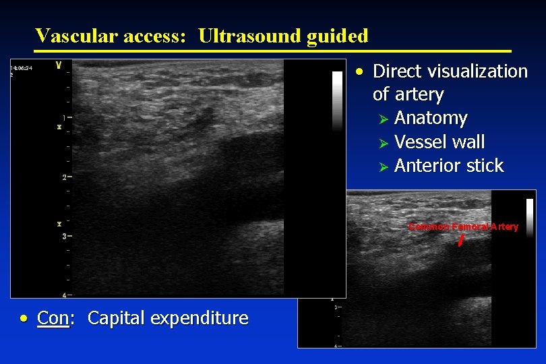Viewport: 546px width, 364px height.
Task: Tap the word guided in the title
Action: [x=337, y=36]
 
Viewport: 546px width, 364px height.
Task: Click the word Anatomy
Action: [x=431, y=118]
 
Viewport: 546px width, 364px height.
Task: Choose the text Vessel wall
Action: [x=439, y=142]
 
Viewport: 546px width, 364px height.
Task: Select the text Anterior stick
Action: [x=449, y=166]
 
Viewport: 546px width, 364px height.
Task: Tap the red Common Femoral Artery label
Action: [x=463, y=226]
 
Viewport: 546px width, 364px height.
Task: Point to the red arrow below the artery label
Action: [x=461, y=240]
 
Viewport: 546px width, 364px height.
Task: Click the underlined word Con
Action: [x=53, y=318]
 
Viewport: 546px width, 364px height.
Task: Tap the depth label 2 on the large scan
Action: [x=63, y=177]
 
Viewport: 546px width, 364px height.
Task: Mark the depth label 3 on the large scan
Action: [x=63, y=237]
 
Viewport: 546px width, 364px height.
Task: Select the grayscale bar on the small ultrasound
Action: [x=529, y=218]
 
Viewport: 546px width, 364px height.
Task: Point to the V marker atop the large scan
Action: [x=59, y=66]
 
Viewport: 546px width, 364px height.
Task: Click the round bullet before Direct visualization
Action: [x=362, y=71]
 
